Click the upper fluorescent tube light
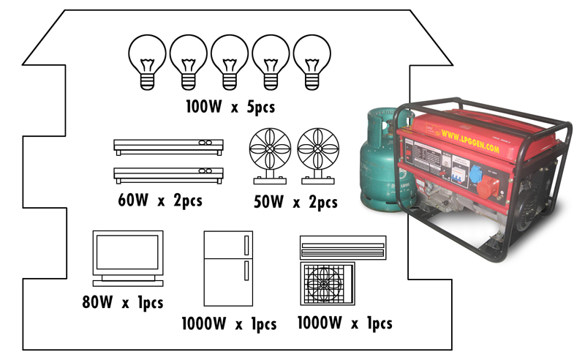(168, 146)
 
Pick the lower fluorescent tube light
(168, 174)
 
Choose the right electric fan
(317, 155)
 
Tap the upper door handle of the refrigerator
(246, 244)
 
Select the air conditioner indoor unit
(342, 247)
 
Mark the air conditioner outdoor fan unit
(328, 282)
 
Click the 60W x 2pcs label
(159, 199)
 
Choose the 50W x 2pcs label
(294, 202)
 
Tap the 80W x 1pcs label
(122, 302)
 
